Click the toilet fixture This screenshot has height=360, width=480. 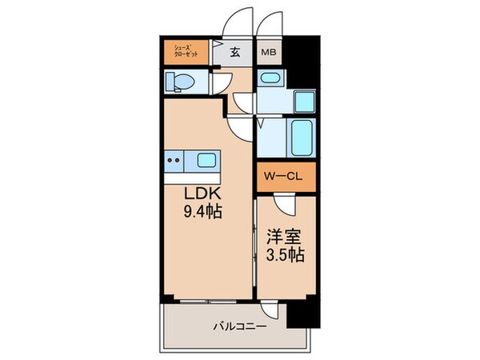[179, 82]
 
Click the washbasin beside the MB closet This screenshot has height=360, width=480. [270, 79]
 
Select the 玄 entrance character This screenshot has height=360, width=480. [236, 54]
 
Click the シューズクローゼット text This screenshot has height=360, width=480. [186, 54]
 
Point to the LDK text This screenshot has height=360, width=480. [204, 196]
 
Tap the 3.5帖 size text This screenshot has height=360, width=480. [283, 257]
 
